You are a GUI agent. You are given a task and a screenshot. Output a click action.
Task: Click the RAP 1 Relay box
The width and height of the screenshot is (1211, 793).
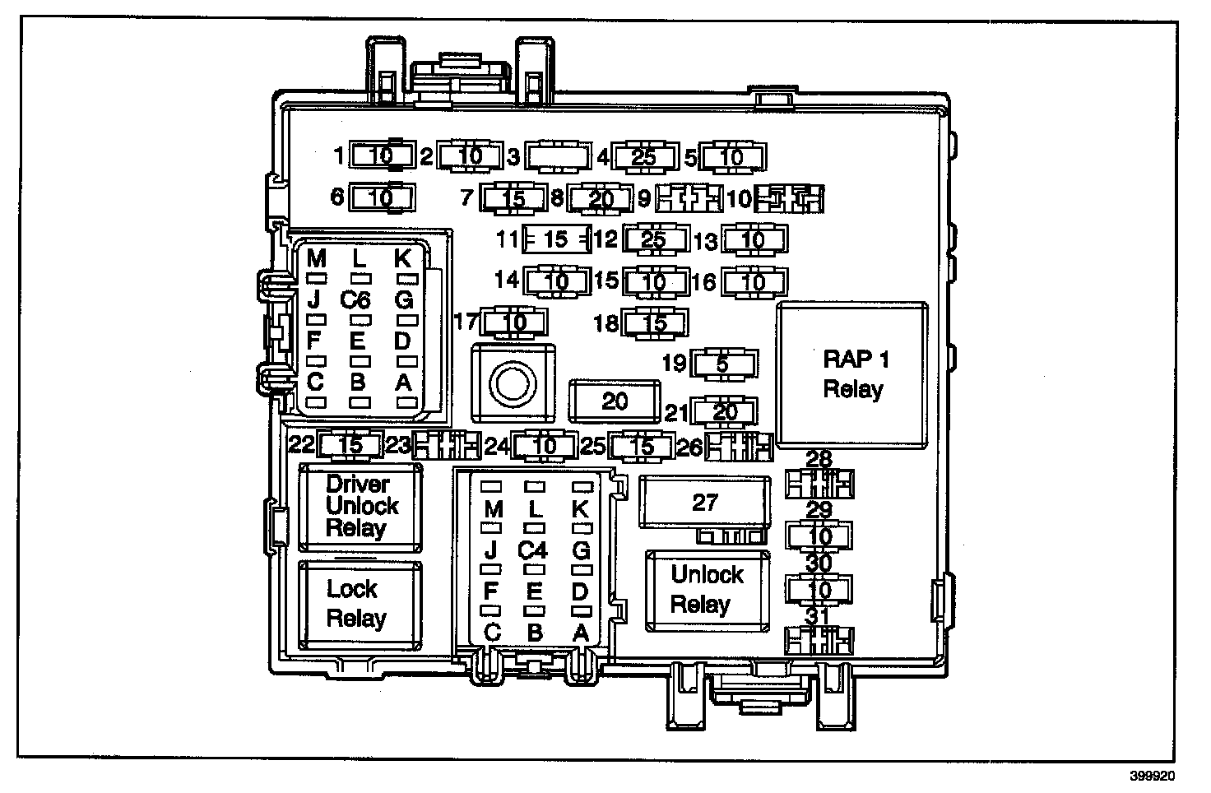coord(853,374)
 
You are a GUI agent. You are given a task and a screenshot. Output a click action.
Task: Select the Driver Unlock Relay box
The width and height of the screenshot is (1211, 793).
coord(360,506)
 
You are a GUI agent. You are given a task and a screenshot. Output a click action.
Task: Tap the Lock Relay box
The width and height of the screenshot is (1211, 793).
coord(360,604)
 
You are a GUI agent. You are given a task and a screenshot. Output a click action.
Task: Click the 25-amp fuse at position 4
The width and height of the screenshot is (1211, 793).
coord(643,156)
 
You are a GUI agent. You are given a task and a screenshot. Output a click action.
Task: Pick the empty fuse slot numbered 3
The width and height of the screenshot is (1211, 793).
coord(558,156)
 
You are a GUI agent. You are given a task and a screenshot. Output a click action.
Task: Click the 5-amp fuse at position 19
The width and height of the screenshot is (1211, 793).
coord(724,363)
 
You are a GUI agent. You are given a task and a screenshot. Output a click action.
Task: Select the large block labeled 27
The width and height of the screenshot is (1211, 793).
coord(706,502)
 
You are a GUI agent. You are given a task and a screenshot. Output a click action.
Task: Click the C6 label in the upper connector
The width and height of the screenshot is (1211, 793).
coord(356,299)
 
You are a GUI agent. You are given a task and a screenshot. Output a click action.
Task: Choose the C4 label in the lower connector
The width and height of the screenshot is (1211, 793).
coord(533,549)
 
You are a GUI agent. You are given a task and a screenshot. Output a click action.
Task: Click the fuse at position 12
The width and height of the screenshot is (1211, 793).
coord(655,240)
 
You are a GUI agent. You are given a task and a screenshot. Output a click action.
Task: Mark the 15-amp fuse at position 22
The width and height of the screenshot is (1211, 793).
coord(350,445)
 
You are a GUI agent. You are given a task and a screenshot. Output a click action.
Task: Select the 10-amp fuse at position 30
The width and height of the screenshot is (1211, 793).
coord(819,589)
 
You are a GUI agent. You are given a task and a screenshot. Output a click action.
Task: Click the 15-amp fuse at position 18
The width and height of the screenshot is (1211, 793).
coord(655,322)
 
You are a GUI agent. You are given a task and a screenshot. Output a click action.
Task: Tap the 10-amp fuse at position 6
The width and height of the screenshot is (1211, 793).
coord(381,197)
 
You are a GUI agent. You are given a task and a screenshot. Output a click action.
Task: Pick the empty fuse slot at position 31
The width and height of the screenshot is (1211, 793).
coord(819,640)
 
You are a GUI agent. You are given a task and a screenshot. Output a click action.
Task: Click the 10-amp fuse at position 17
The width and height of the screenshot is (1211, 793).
coord(514,322)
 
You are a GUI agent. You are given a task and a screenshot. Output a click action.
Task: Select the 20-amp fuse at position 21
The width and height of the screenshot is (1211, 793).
coord(724,411)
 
